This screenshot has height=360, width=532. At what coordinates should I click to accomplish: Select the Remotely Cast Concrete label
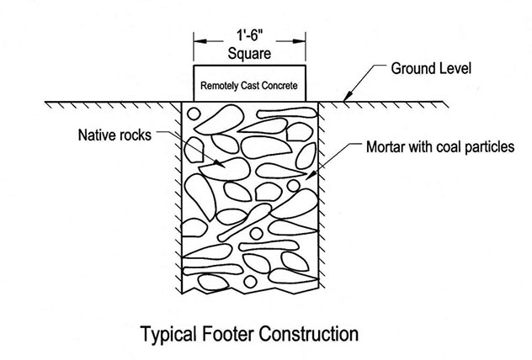tap(249, 86)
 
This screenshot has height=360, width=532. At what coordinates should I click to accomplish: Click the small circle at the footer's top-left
tap(194, 114)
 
